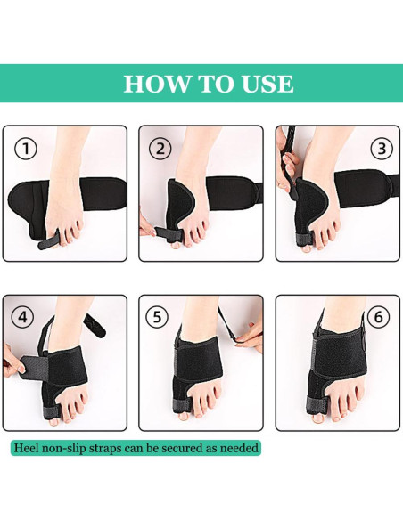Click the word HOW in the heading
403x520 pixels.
[154, 84]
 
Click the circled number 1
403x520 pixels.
[26, 149]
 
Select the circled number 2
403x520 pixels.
[160, 149]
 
